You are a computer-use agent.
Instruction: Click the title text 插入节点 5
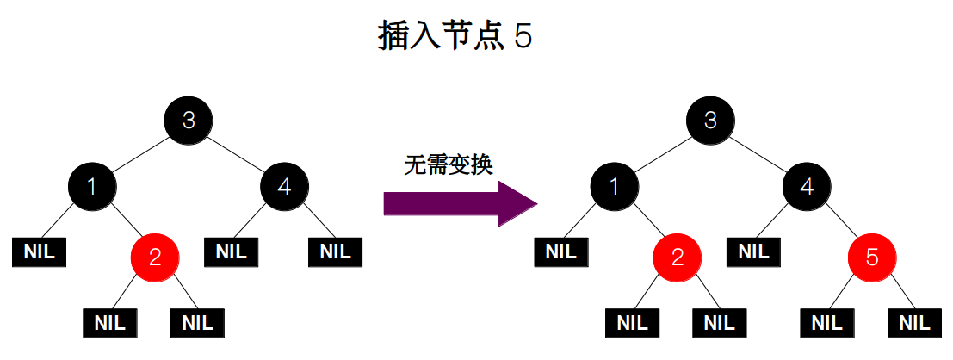455,37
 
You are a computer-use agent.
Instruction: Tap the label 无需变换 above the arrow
448,165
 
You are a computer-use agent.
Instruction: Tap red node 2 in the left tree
155,256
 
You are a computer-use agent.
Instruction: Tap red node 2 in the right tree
677,256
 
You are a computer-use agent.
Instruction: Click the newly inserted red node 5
871,256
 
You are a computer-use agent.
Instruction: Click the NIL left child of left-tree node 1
40,251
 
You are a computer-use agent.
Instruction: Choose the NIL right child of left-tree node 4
335,251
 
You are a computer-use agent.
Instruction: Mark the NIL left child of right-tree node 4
753,251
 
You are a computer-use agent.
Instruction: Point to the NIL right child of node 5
915,323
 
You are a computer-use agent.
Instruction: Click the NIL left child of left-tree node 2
110,323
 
